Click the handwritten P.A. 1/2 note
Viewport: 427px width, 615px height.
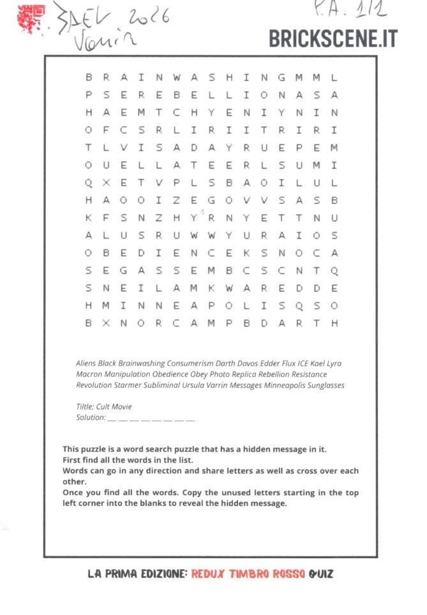(357, 10)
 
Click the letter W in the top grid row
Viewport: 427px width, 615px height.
(176, 78)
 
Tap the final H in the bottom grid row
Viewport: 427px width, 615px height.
(334, 323)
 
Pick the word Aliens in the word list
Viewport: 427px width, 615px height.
(86, 364)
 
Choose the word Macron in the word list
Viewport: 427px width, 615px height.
(89, 374)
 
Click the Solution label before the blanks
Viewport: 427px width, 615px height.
(91, 417)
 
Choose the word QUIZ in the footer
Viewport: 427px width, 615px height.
(320, 574)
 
